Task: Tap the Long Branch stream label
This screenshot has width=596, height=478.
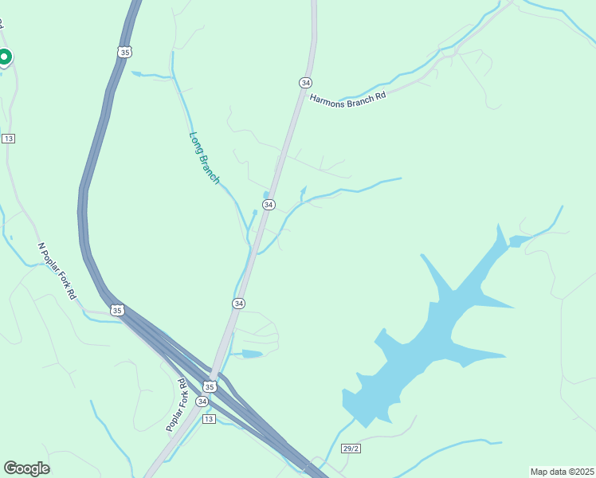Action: tap(204, 158)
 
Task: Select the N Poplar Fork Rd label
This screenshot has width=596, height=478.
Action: tap(57, 272)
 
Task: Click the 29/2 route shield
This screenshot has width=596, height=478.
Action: tap(351, 449)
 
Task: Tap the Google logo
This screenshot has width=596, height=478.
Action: tap(26, 468)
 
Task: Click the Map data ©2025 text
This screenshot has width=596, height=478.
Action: tap(562, 472)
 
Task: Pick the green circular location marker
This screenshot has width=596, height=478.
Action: tap(4, 57)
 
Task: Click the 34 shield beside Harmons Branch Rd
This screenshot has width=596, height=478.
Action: tap(305, 83)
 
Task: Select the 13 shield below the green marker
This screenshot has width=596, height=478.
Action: tap(8, 139)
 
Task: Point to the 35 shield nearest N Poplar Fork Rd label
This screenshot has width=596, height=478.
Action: tap(118, 310)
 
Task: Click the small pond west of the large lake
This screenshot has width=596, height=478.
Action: tap(251, 354)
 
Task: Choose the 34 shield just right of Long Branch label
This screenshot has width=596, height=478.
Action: tap(269, 205)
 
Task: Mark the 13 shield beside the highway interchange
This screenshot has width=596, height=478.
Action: tap(209, 419)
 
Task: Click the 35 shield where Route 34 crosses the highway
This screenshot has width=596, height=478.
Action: tap(210, 386)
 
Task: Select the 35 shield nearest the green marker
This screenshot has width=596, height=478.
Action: tap(124, 52)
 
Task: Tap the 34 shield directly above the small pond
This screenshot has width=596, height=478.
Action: tap(239, 304)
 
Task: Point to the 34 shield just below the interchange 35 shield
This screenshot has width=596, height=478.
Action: tap(202, 402)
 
